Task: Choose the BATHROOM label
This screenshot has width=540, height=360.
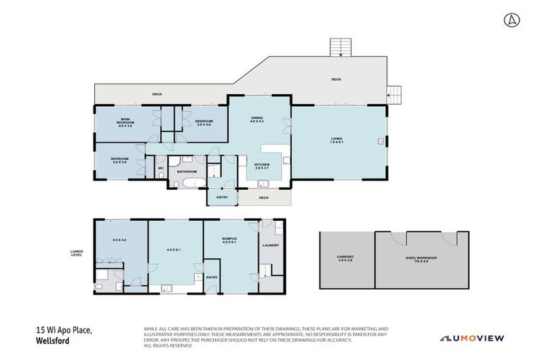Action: coord(186,171)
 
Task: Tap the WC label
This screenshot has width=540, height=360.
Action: coord(160,168)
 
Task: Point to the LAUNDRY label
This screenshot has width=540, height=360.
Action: coord(271,245)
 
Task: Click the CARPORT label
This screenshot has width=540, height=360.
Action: coord(345,258)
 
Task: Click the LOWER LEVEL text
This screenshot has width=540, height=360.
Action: coord(77,252)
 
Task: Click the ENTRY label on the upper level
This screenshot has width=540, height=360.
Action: coord(221,198)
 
